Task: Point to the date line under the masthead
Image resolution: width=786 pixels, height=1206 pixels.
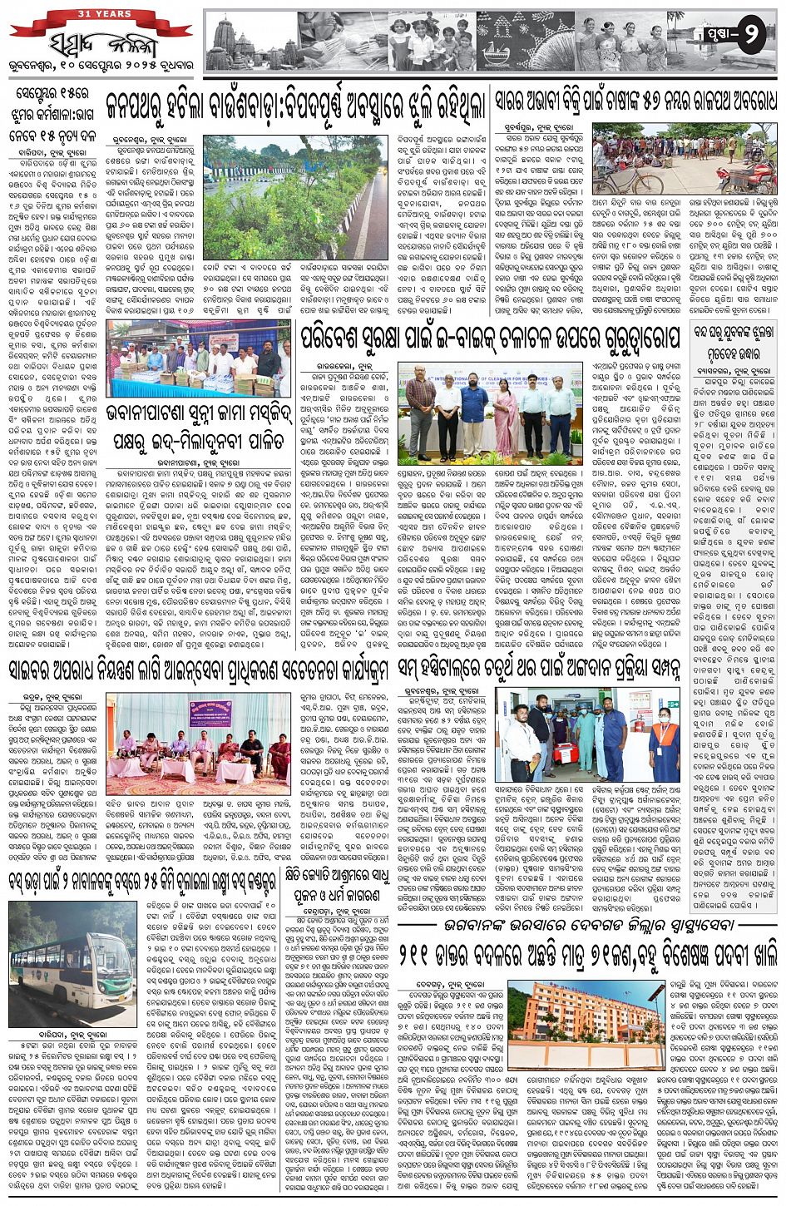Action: (x=97, y=70)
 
